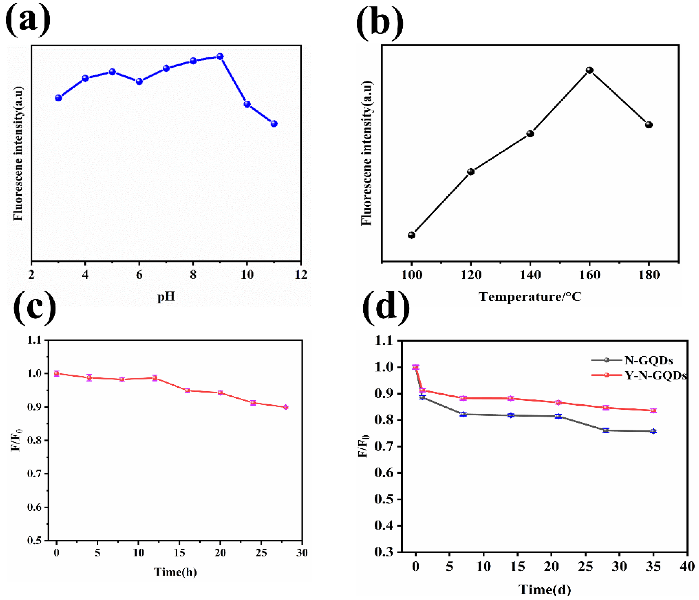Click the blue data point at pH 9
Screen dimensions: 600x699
click(x=220, y=56)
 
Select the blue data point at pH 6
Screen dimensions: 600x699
click(x=139, y=81)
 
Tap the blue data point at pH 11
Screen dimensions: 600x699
click(x=274, y=124)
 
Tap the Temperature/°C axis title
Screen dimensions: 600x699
click(x=530, y=297)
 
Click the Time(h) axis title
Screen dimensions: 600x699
click(x=175, y=572)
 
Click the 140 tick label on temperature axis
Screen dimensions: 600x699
click(x=530, y=275)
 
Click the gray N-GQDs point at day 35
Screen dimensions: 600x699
click(x=653, y=431)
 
